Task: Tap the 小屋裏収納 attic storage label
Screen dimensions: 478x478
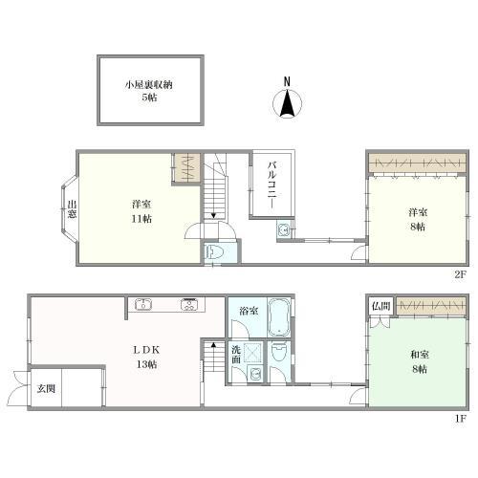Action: point(148,85)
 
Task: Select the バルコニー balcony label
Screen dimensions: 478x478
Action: point(272,185)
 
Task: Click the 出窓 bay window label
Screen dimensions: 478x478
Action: point(73,208)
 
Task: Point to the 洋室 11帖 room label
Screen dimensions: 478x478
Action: point(141,211)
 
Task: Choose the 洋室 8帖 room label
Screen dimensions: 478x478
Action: point(418,219)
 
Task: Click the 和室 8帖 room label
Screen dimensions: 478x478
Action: point(420,361)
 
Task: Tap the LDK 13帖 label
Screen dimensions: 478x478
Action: point(146,357)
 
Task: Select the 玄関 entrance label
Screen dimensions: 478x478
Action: point(46,388)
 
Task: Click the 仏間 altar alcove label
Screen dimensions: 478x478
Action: point(381,306)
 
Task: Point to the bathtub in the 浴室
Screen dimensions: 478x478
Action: point(279,317)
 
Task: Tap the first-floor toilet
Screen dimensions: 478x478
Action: point(279,352)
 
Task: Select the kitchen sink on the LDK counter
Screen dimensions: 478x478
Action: point(143,304)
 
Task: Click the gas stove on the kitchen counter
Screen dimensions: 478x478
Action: point(189,304)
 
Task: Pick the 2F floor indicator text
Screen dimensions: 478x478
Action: point(460,274)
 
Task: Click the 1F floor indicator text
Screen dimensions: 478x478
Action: point(461,418)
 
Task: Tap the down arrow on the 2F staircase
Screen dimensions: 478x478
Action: point(213,215)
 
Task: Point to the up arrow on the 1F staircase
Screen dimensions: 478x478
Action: point(213,344)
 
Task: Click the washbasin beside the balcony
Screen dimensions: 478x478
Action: point(284,229)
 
